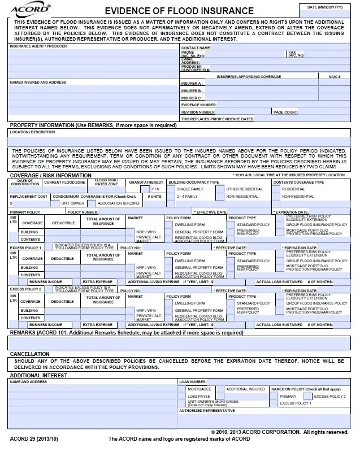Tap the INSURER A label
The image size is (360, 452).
[192, 83]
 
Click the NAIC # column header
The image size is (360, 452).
[333, 76]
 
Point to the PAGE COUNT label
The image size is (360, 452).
[286, 112]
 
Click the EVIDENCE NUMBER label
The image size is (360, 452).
[198, 105]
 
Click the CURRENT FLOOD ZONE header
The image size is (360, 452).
[64, 182]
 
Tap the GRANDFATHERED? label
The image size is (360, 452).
[146, 182]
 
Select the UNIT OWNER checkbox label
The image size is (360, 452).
[72, 203]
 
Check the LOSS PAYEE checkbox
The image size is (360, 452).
[183, 397]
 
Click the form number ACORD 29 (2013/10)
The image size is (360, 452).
[34, 438]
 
